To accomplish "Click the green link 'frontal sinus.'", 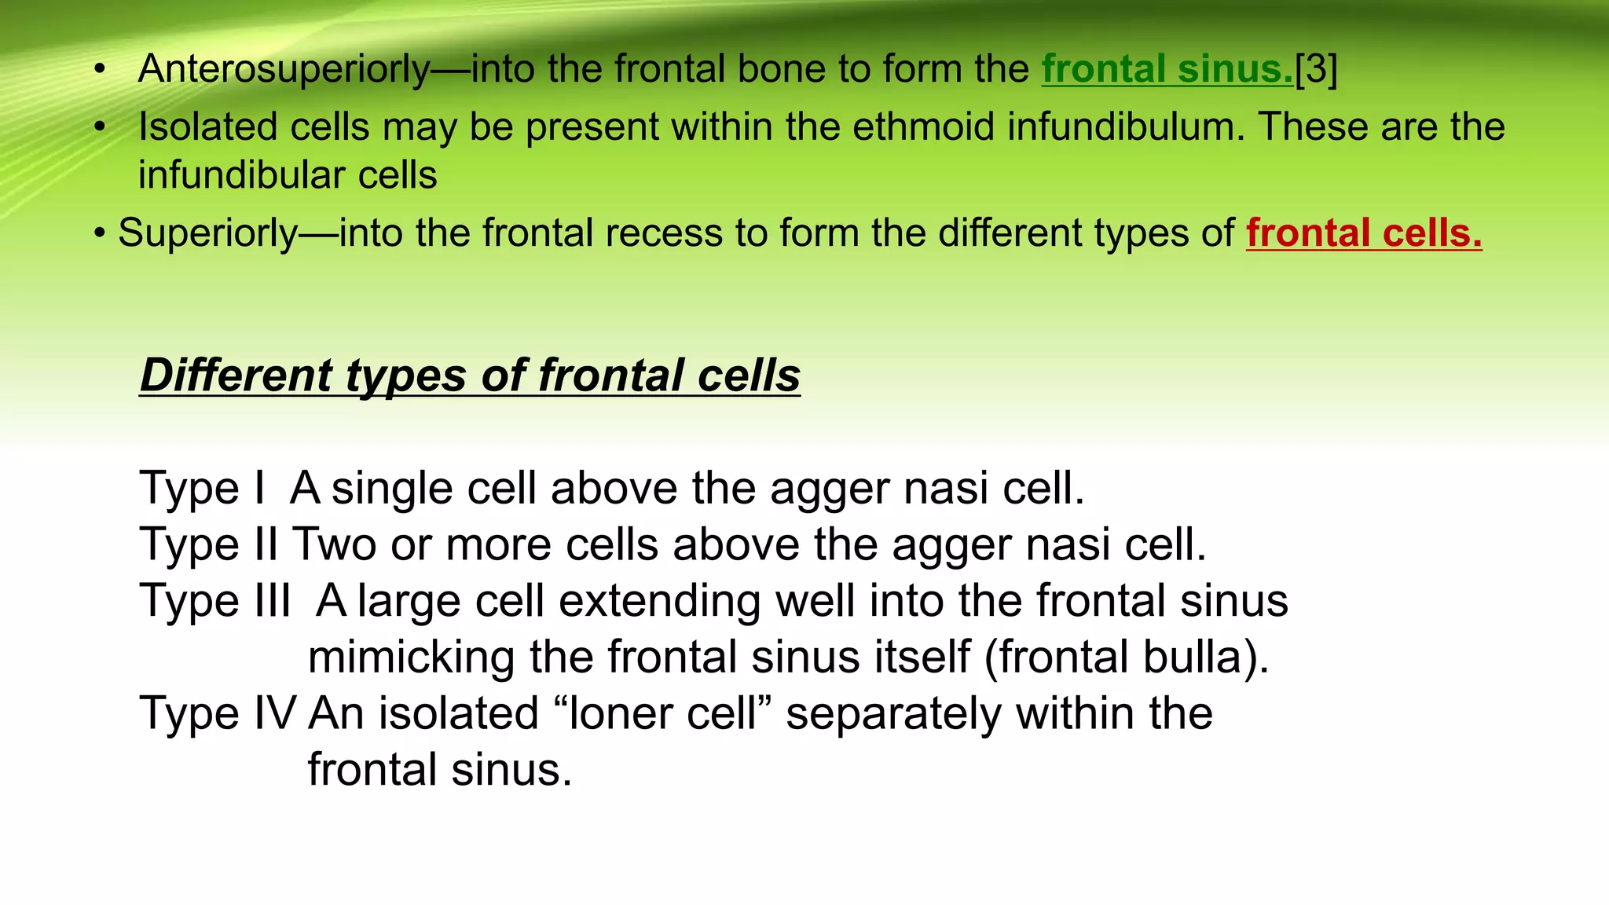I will [x=1167, y=69].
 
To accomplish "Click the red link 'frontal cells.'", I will [x=1364, y=233].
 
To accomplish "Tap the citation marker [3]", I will [x=1316, y=69].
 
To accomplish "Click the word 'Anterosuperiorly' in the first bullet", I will [x=284, y=69].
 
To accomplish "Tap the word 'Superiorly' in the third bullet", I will [x=207, y=233].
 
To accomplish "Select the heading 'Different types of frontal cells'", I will [x=470, y=376].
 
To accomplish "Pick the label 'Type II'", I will [x=208, y=544].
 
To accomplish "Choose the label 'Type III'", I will [x=214, y=601].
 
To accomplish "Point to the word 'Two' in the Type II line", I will [x=334, y=544].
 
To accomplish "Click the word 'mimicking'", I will [x=411, y=658].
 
